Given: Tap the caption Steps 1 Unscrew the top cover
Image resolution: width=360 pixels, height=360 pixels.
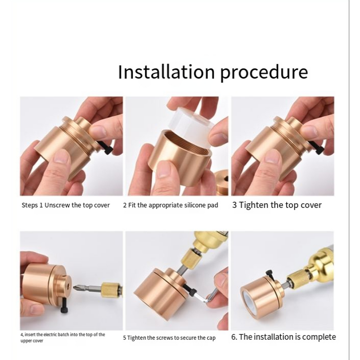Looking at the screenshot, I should [x=66, y=205].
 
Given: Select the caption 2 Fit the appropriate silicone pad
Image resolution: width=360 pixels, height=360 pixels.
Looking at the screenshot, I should [x=171, y=205].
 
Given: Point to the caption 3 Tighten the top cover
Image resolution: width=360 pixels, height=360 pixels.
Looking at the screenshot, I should [x=277, y=205].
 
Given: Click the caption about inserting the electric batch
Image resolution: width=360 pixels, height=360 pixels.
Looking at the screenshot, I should [x=63, y=337].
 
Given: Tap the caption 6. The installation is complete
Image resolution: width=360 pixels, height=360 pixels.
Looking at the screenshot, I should [x=283, y=337].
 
